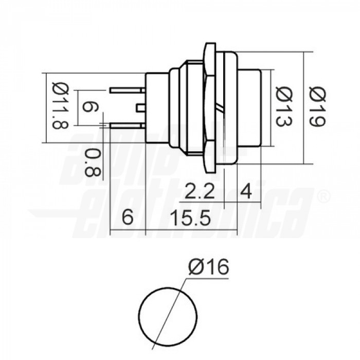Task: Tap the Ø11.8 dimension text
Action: (61, 107)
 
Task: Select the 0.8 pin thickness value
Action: (92, 163)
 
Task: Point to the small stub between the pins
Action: (140, 107)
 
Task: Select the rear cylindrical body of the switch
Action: (157, 108)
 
